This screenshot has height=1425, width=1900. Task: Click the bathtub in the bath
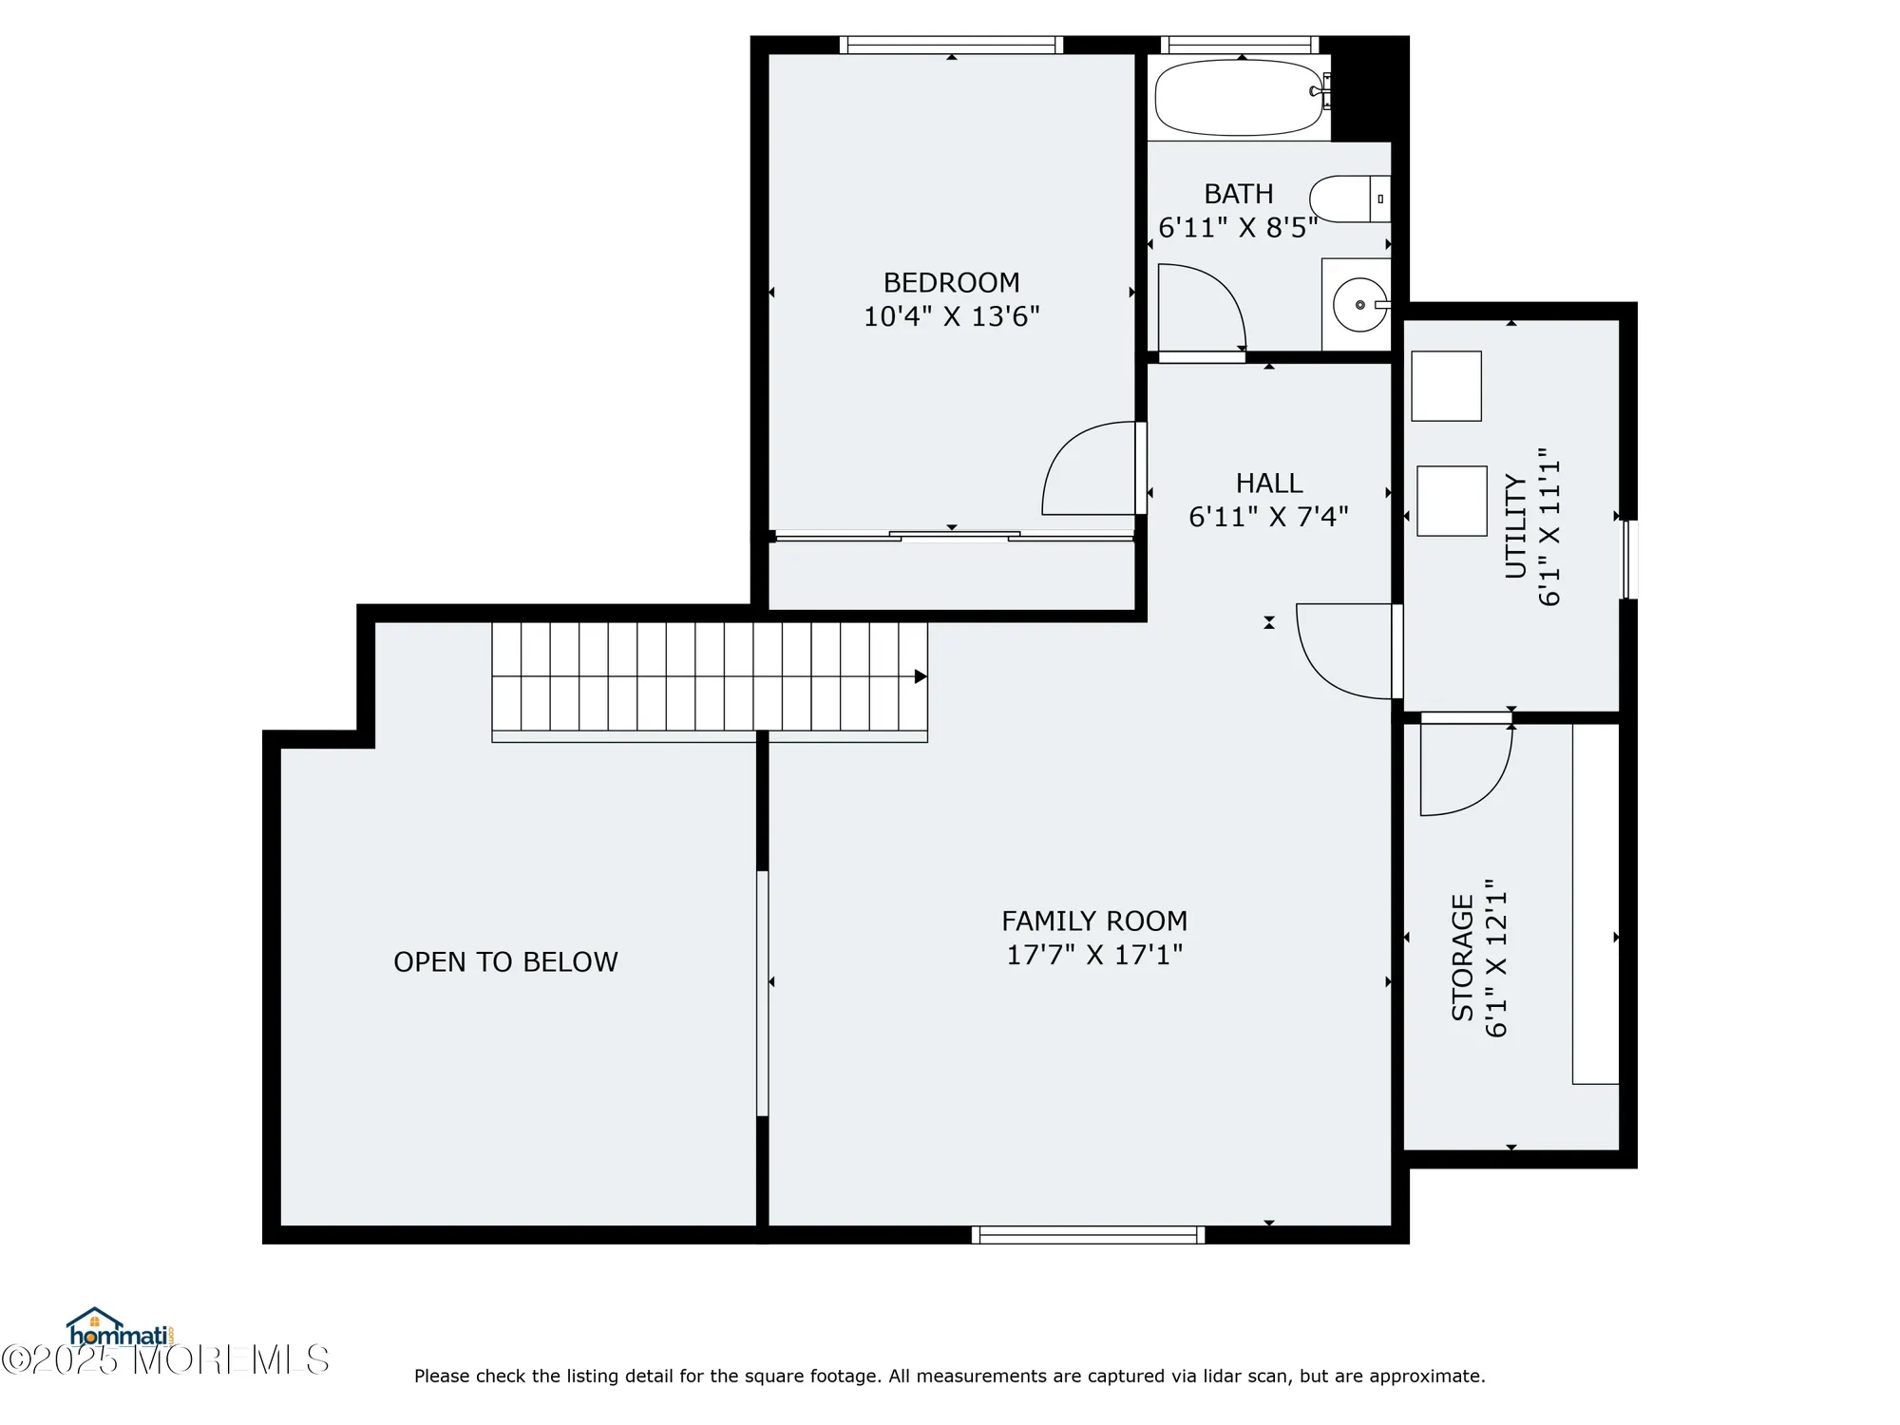tap(1238, 98)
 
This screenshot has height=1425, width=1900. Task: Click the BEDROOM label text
tap(951, 283)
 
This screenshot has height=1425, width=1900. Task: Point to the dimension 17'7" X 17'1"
tap(1094, 955)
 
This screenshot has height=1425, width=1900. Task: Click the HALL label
tap(1268, 484)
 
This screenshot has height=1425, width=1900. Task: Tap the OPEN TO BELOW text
tap(505, 962)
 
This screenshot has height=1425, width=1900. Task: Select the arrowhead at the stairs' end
tap(920, 676)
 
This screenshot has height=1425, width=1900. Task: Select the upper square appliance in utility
tap(1446, 386)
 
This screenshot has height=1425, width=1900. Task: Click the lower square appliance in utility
tap(1452, 501)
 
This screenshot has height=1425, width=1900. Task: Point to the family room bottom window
tap(1088, 1235)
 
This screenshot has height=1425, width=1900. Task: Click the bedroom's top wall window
tap(951, 45)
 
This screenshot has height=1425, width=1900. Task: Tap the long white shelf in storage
tap(1595, 902)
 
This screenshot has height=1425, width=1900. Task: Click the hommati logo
tap(119, 1329)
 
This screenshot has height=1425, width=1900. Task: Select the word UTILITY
tap(1516, 527)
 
